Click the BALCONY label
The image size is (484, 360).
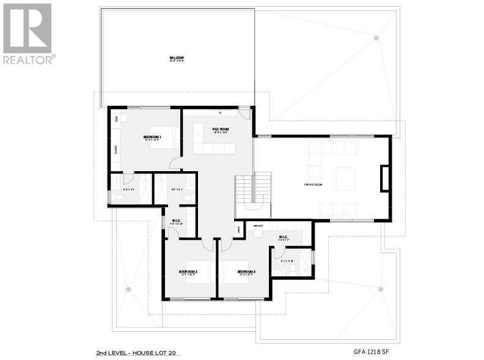pos(177,59)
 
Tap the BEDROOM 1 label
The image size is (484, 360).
pos(152,137)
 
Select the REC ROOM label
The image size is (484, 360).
pos(220,129)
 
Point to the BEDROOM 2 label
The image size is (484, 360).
pos(188,271)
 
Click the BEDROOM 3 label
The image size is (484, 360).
pos(246,271)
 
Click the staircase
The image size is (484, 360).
pos(254,189)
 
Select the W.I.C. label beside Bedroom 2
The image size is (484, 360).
pos(176,221)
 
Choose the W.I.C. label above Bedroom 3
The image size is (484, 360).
pos(283,237)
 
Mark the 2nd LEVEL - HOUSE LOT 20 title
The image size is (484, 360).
pos(138,353)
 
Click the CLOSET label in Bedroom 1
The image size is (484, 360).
pos(116,149)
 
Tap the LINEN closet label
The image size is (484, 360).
pos(238,229)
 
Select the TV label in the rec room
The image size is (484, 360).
pos(219,114)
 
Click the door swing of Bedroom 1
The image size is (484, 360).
pos(175,163)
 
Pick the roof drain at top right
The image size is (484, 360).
pos(376,38)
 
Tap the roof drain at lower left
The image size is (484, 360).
pos(128,288)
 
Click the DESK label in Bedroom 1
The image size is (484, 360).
pos(116,120)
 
